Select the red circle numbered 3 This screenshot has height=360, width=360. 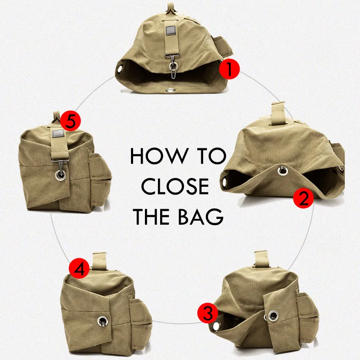(207, 314)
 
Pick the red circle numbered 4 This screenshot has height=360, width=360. (79, 268)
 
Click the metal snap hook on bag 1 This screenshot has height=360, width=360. (173, 67)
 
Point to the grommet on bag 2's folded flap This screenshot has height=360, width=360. (282, 170)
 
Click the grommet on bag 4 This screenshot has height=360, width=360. (102, 321)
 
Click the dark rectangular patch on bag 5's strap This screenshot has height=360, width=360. (57, 135)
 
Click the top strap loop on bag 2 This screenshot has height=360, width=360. (278, 111)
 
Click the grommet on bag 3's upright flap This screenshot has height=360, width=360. (273, 315)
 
